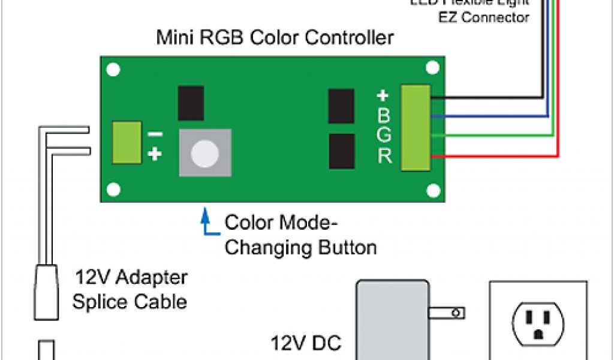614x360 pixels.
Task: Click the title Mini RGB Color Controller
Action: pyautogui.click(x=275, y=38)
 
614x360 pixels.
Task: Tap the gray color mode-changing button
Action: pyautogui.click(x=205, y=152)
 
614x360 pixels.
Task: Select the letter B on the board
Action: pyautogui.click(x=384, y=115)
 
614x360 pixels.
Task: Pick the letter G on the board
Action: pyautogui.click(x=384, y=135)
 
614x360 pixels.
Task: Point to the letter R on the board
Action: pyautogui.click(x=384, y=156)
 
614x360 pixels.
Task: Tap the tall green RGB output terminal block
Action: pyautogui.click(x=416, y=127)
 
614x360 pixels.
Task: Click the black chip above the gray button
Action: pyautogui.click(x=191, y=103)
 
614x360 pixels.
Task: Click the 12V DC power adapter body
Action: pyautogui.click(x=393, y=318)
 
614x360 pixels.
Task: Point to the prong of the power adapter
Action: pyautogui.click(x=447, y=313)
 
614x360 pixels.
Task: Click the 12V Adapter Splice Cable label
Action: pyautogui.click(x=130, y=289)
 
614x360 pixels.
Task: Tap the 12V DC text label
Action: pyautogui.click(x=306, y=344)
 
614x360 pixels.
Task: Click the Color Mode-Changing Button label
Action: pyautogui.click(x=300, y=235)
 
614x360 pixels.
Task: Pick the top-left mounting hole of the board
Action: pyautogui.click(x=112, y=70)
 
